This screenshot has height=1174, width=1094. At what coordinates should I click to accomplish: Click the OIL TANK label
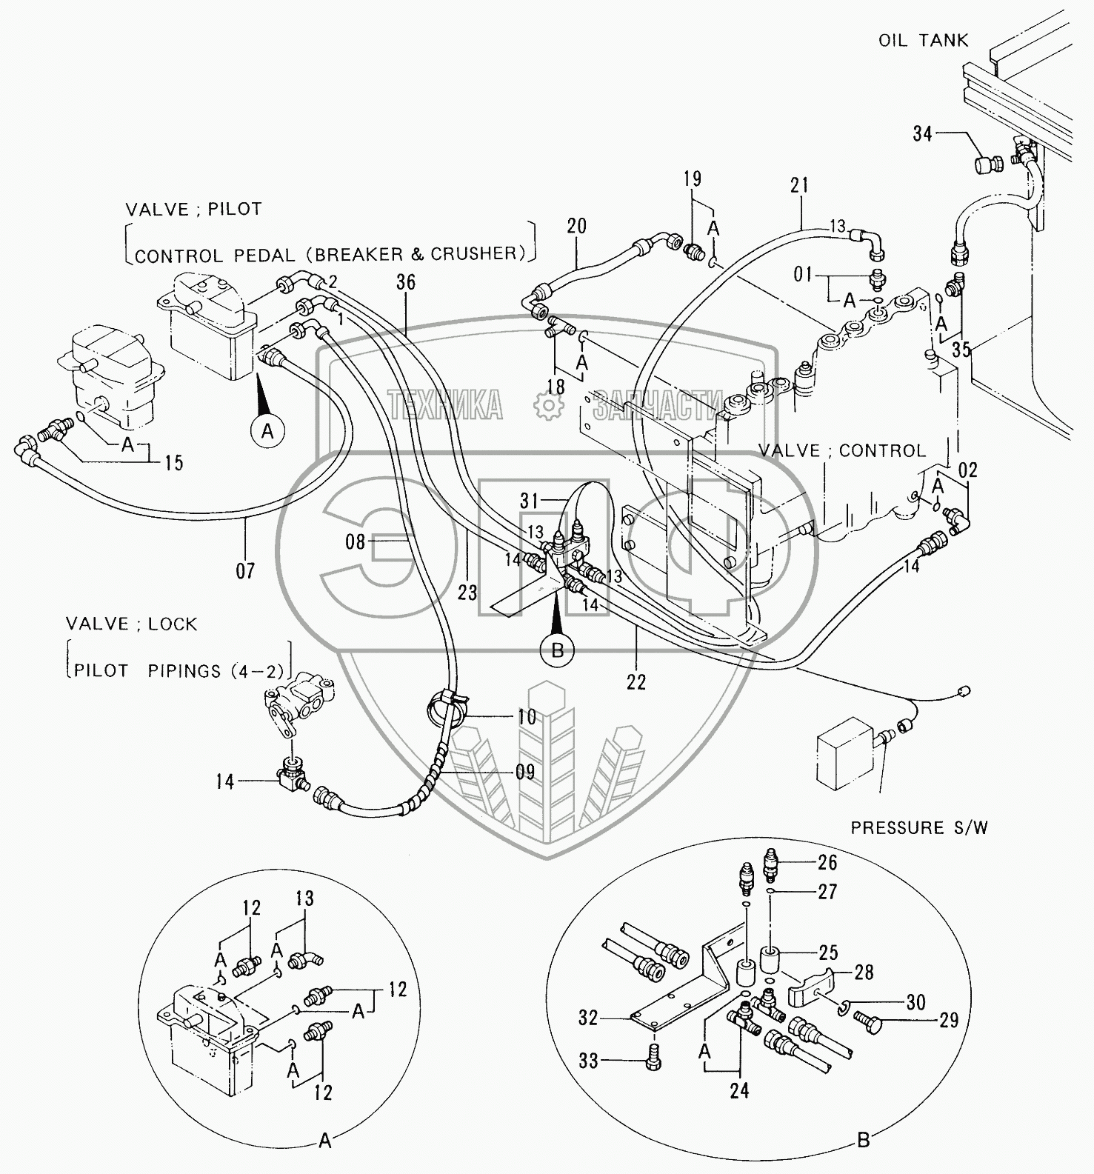[x=923, y=40]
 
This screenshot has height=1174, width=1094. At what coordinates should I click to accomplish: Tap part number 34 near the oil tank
[x=922, y=133]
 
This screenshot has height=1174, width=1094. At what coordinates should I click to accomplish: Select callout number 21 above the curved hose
[x=799, y=185]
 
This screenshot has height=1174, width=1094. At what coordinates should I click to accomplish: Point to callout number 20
[x=576, y=225]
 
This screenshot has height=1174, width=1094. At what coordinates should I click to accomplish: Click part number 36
[x=406, y=282]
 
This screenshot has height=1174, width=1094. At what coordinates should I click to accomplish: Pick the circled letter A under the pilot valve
[x=268, y=430]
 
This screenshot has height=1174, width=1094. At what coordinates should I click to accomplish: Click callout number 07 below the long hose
[x=245, y=570]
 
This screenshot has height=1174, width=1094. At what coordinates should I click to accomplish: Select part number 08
[x=356, y=542]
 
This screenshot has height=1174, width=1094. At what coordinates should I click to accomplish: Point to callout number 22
[x=636, y=681]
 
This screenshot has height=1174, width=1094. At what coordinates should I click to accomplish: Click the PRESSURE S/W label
[x=918, y=827]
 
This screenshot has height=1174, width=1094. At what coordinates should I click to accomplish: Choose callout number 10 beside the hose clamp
[x=526, y=717]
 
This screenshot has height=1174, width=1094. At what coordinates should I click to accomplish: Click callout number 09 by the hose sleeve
[x=524, y=772]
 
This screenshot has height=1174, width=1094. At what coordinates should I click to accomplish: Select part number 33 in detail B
[x=588, y=1061]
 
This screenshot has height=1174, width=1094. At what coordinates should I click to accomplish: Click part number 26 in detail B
[x=827, y=862]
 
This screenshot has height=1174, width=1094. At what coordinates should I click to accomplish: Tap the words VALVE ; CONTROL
[x=841, y=451]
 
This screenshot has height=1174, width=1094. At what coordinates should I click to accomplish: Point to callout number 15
[x=173, y=464]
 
